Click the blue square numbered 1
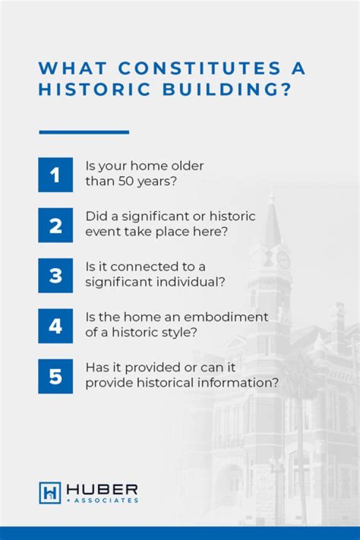55,174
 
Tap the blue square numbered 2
55,225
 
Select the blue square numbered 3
55,275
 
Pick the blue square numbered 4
55,326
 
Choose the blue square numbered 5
55,376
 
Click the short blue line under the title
84,132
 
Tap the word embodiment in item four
234,317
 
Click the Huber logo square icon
49,492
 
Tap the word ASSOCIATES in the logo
106,500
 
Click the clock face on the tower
283,259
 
